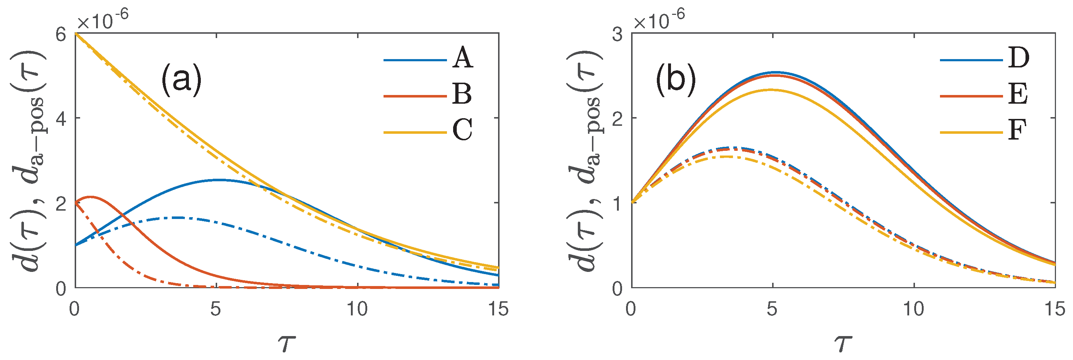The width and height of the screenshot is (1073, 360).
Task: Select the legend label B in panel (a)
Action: tap(461, 94)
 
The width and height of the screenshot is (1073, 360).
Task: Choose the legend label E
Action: tap(1018, 94)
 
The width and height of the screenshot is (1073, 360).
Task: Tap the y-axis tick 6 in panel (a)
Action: tap(61, 34)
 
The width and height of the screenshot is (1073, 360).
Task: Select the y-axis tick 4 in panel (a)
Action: tap(61, 119)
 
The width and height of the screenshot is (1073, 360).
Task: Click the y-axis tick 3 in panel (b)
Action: tap(618, 34)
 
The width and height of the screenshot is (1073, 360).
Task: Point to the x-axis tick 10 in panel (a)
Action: tap(357, 310)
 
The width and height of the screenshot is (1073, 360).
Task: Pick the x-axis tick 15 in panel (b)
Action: tap(1054, 310)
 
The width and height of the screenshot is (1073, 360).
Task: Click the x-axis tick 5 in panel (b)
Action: tap(772, 310)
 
